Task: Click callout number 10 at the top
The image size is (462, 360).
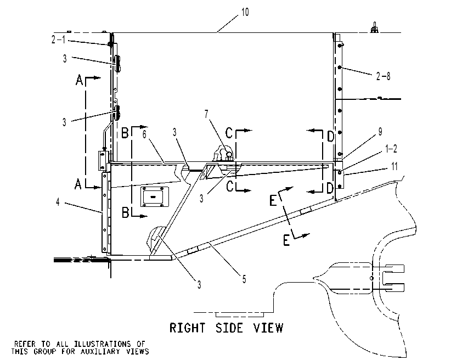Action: click(x=245, y=13)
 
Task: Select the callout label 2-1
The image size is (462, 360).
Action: click(x=58, y=39)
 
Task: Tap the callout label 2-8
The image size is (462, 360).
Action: click(x=384, y=76)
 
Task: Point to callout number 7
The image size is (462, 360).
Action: click(x=206, y=114)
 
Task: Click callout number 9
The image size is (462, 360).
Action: click(x=380, y=132)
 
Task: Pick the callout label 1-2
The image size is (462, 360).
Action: click(x=391, y=149)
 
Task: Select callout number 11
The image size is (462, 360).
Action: click(x=395, y=166)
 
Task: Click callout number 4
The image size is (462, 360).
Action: click(x=58, y=202)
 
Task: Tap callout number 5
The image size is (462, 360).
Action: click(x=244, y=279)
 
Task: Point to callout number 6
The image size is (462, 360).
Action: click(x=144, y=134)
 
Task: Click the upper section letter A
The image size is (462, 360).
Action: click(x=79, y=80)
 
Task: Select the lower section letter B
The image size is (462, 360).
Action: click(x=126, y=212)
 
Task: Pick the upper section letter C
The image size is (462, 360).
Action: click(x=229, y=133)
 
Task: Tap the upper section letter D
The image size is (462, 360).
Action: click(x=331, y=137)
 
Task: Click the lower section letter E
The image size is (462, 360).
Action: click(x=286, y=240)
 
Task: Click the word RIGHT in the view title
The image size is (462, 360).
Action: click(x=188, y=328)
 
